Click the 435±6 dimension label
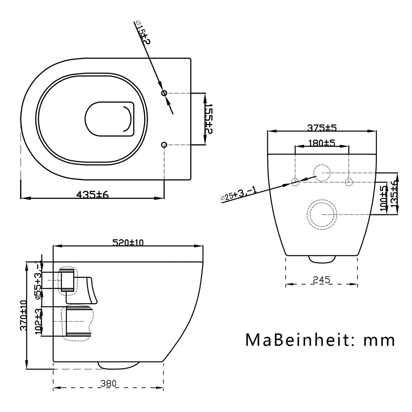(x=92, y=194)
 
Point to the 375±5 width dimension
(x=322, y=128)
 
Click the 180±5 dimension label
(x=322, y=143)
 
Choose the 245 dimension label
(x=321, y=280)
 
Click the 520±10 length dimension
(x=128, y=242)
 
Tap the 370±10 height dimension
(x=24, y=315)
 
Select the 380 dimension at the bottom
(x=108, y=384)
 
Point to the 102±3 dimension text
(x=38, y=321)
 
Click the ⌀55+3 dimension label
(x=38, y=281)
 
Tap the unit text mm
(x=379, y=340)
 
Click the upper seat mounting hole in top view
(x=164, y=93)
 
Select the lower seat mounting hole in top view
(x=164, y=145)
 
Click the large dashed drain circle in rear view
(x=322, y=214)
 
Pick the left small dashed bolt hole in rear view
(x=295, y=182)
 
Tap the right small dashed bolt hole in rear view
(x=348, y=182)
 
